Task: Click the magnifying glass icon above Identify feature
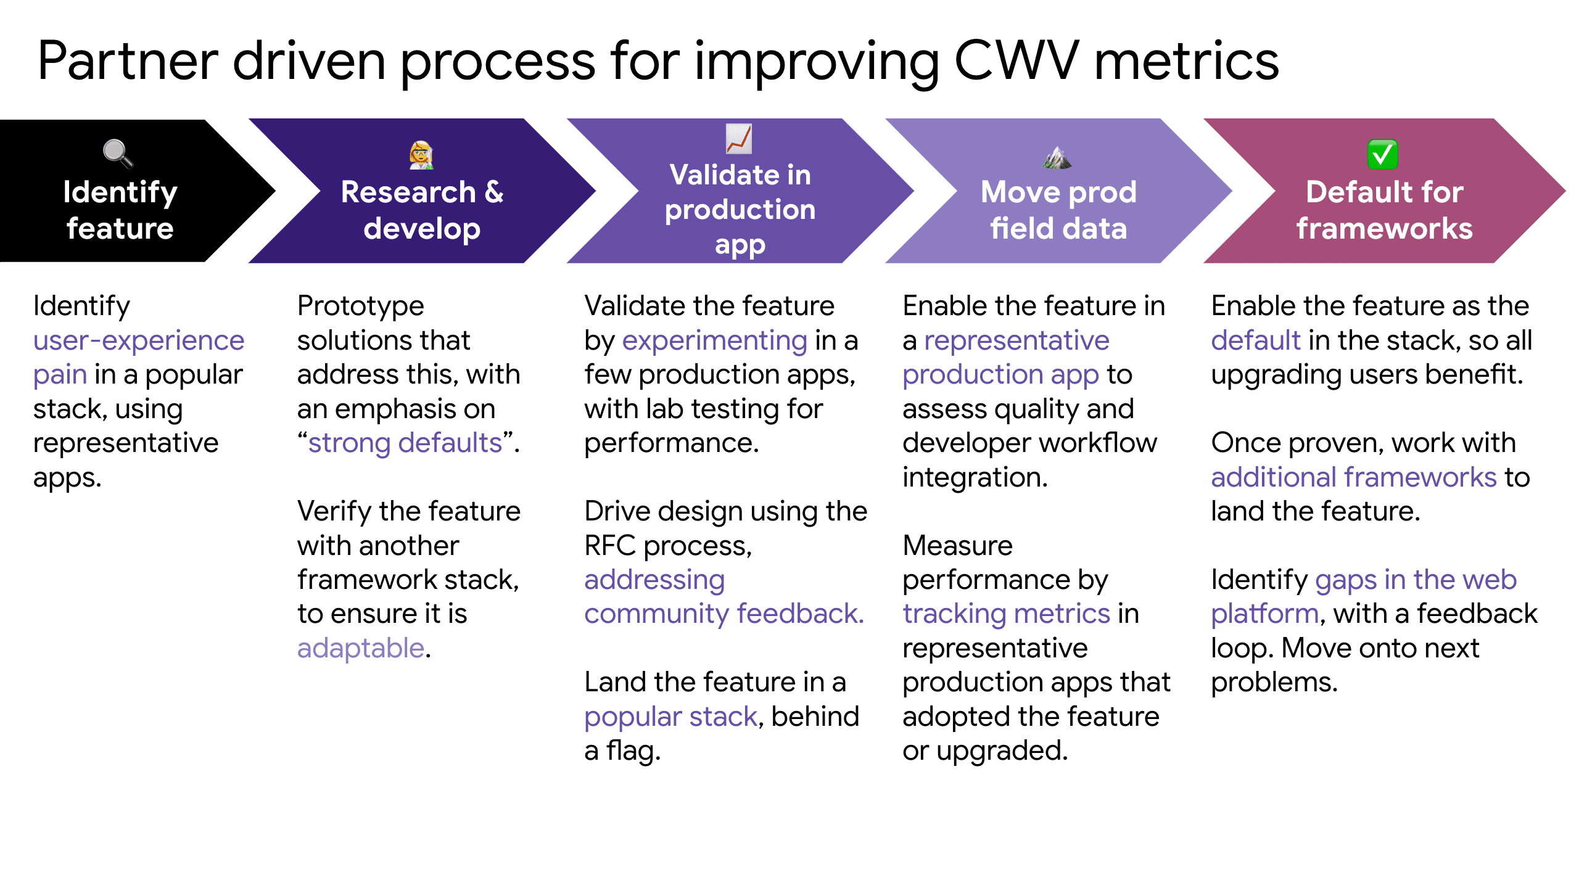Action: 117,153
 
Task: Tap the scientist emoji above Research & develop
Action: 421,155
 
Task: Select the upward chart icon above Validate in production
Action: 738,139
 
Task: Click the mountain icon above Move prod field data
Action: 1057,157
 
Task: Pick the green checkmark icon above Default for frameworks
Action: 1382,154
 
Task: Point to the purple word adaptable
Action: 361,648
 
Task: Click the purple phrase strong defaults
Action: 405,443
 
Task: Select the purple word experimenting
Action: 714,340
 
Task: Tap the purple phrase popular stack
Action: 670,717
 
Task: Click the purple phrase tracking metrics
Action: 1006,614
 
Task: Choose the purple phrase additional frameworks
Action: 1353,477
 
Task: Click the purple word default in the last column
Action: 1255,340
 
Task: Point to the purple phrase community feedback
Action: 724,614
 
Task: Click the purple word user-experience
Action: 139,340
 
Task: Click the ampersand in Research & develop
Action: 494,192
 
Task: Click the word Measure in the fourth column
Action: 957,546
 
